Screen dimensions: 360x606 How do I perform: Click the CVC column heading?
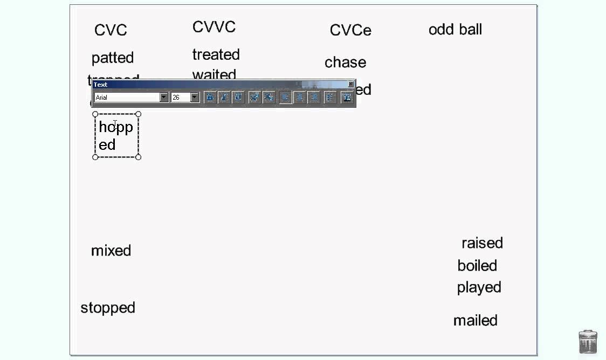click(111, 30)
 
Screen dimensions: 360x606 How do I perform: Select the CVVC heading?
click(214, 27)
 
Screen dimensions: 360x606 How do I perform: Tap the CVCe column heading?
click(350, 30)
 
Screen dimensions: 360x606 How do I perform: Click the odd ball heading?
click(455, 30)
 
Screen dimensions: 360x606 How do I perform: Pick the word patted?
click(113, 58)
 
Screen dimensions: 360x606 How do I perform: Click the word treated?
click(216, 54)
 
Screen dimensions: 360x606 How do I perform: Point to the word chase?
click(345, 63)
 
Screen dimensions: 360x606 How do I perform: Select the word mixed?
click(111, 251)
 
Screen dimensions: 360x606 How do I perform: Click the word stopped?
click(108, 308)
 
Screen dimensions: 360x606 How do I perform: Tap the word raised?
click(482, 243)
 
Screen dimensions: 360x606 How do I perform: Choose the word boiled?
click(477, 266)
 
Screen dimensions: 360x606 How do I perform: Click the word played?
click(479, 288)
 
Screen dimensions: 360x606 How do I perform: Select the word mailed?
click(475, 321)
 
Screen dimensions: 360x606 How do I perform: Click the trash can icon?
click(588, 342)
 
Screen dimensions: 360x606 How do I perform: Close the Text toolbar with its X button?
click(351, 84)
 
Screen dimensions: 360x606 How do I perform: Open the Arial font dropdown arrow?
click(164, 98)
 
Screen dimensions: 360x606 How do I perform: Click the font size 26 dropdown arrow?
click(195, 98)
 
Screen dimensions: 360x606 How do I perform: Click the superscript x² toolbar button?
click(254, 98)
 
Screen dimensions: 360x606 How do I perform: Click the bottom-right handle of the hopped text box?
click(139, 157)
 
